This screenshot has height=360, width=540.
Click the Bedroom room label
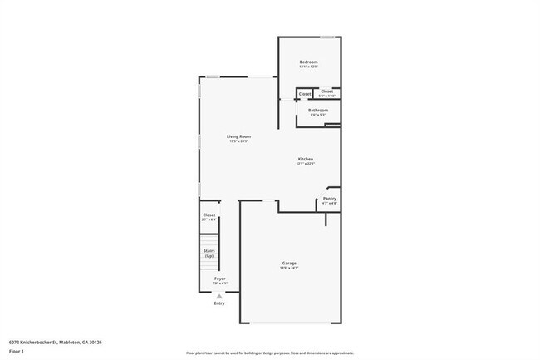308,62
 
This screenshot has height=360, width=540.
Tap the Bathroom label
318,110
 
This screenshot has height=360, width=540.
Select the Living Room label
240,136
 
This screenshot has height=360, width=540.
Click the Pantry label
330,199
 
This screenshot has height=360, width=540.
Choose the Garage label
288,264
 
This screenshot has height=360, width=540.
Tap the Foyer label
219,279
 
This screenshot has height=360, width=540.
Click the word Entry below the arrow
219,303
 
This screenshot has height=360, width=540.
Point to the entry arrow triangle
219,295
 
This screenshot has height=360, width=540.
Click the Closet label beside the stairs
209,215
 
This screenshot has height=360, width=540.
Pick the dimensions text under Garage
288,269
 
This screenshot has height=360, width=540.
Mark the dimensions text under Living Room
240,141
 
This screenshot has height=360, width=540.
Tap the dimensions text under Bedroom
308,67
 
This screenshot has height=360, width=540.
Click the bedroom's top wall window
328,37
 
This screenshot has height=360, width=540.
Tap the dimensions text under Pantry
330,204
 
